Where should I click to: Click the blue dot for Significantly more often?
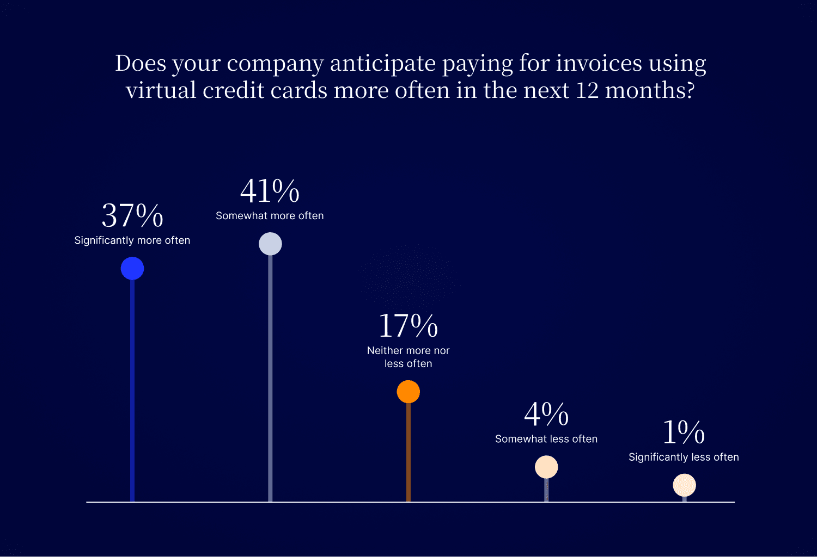click(132, 269)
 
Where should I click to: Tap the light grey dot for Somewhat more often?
click(270, 244)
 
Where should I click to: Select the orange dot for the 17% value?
click(408, 392)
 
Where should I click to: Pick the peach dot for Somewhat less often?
click(546, 467)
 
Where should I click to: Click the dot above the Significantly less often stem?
click(684, 485)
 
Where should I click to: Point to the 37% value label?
click(132, 215)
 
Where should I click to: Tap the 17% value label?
click(408, 325)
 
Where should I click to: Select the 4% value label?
click(546, 414)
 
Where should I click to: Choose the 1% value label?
click(684, 432)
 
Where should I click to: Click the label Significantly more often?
click(132, 240)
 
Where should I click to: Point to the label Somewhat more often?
click(270, 215)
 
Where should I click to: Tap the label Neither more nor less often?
click(408, 357)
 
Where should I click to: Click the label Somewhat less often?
click(546, 438)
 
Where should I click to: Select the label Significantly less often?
click(684, 457)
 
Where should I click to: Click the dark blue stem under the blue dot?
click(132, 391)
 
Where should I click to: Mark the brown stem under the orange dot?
click(408, 453)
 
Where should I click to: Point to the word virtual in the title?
click(161, 90)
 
